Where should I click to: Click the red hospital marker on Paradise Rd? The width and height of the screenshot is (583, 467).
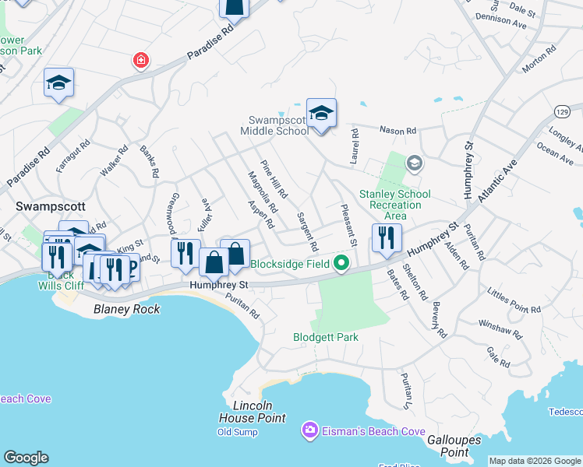tap(140, 61)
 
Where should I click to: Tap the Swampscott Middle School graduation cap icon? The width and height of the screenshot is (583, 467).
tap(320, 113)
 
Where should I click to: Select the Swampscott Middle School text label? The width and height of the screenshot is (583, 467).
tap(278, 125)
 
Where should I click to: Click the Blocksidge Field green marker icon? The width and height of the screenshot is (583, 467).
tap(341, 264)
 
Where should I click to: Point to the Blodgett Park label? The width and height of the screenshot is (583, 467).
tap(326, 338)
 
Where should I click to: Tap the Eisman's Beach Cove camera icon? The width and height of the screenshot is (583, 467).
tap(310, 430)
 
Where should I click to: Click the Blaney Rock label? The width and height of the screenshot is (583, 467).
tap(126, 309)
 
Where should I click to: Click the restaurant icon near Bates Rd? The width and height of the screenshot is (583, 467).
tap(387, 238)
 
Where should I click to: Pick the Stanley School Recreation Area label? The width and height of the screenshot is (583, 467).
tap(394, 204)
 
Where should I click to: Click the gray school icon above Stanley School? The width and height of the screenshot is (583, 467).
tap(414, 163)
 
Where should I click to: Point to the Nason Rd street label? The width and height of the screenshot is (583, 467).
tap(397, 131)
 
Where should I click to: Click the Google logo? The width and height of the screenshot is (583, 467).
tap(26, 458)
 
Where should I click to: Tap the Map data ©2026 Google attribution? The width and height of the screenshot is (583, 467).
tap(535, 461)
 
